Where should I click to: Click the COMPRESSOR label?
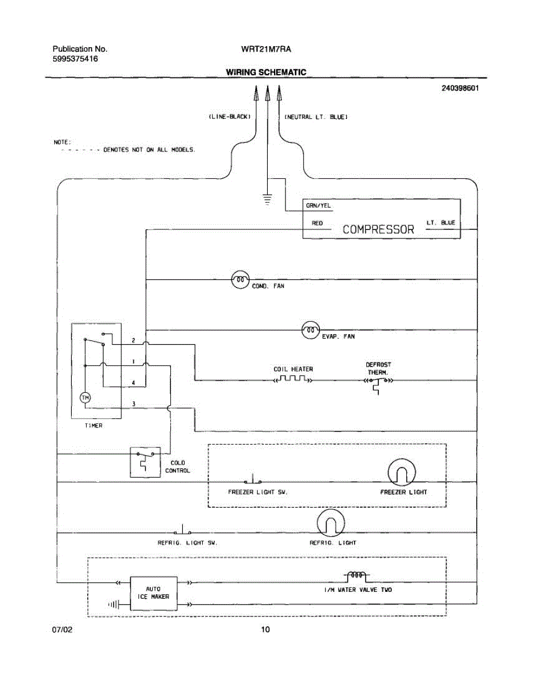pos(378,229)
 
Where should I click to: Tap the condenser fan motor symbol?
pos(240,279)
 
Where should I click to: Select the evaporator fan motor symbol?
pos(310,329)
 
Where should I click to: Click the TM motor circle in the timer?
pos(85,397)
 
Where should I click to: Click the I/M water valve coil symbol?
pos(357,576)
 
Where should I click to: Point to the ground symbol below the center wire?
pos(267,200)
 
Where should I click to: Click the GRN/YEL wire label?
pos(318,206)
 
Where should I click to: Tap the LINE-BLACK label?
pos(227,117)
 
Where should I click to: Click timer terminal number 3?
pos(133,404)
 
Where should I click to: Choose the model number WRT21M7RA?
pos(266,50)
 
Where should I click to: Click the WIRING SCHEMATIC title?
pos(266,72)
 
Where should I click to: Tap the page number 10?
pos(266,629)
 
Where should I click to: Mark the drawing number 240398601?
pos(459,89)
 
